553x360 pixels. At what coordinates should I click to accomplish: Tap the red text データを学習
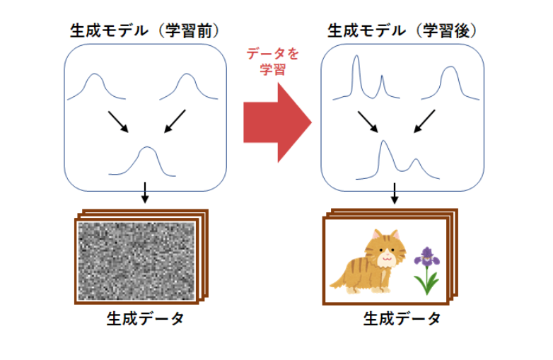[273, 62]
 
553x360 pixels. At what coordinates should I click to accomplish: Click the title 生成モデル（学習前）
[145, 31]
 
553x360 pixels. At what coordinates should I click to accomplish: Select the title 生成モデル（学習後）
[402, 31]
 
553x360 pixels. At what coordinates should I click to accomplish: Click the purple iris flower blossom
[427, 256]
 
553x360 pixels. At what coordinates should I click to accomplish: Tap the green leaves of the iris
[426, 282]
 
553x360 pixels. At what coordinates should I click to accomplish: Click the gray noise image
[136, 261]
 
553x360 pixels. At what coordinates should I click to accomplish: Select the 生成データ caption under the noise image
[145, 319]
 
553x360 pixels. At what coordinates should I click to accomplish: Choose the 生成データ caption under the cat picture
[402, 319]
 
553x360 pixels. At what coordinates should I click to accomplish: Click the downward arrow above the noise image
[144, 192]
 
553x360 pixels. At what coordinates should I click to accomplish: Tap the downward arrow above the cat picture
[395, 193]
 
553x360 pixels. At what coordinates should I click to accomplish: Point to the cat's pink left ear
[377, 234]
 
